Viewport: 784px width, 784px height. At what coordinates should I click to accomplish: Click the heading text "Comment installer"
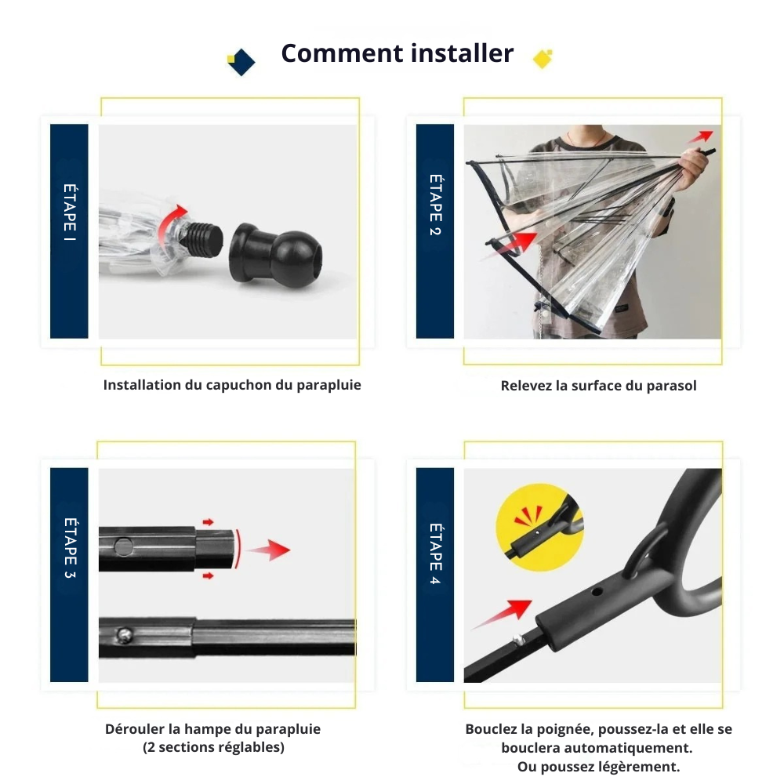coord(397,53)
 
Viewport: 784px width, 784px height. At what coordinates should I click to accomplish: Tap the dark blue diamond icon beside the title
coord(242,62)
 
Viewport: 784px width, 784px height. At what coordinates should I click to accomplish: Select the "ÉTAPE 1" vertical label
coord(70,212)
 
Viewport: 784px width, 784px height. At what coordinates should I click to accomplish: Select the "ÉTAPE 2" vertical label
coord(435,205)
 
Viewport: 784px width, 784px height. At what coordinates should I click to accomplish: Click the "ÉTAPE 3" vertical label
coord(70,548)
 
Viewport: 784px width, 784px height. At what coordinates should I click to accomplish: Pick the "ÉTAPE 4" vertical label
coord(435,554)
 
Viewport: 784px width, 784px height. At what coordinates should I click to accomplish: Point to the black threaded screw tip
coord(201,240)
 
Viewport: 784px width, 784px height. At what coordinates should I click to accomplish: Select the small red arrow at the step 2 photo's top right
coord(701,136)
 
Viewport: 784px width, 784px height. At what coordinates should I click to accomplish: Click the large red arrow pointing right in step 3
coord(269,550)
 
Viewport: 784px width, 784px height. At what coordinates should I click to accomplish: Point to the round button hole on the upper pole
coord(124,546)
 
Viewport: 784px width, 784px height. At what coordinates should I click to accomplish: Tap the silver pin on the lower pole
coord(124,636)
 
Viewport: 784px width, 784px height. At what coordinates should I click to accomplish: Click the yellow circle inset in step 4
coord(539,528)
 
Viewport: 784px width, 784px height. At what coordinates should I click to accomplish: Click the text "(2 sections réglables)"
coord(213,747)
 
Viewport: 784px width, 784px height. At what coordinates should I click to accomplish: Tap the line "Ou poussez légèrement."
coord(598,767)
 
